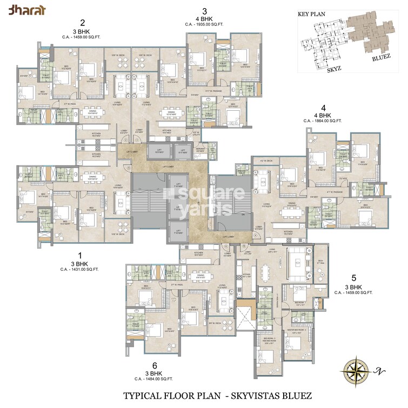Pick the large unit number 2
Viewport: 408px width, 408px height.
click(82, 23)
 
